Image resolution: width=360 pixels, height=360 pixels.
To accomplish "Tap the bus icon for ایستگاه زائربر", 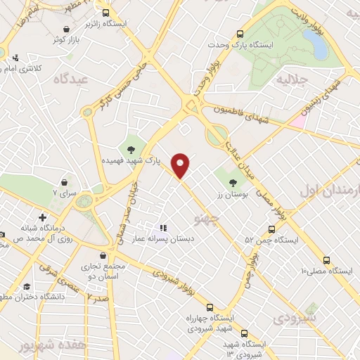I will (106, 13).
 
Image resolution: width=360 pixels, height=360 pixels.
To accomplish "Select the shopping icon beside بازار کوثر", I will (66, 29).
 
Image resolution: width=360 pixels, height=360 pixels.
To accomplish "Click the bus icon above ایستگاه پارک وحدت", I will (240, 33).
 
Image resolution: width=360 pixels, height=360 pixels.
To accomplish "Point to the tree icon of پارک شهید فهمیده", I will (131, 148).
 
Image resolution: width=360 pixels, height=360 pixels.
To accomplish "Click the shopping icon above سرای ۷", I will (65, 181).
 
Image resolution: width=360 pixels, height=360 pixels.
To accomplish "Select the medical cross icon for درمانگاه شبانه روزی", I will (43, 217).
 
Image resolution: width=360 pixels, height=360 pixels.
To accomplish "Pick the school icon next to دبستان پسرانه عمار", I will (163, 227).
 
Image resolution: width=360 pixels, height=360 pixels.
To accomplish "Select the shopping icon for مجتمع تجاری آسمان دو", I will (104, 256).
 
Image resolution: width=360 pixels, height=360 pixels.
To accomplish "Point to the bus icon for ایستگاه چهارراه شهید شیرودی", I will (210, 307).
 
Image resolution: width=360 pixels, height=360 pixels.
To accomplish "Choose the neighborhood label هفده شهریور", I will (26, 347).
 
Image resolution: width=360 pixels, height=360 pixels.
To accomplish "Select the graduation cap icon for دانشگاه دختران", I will (27, 286).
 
